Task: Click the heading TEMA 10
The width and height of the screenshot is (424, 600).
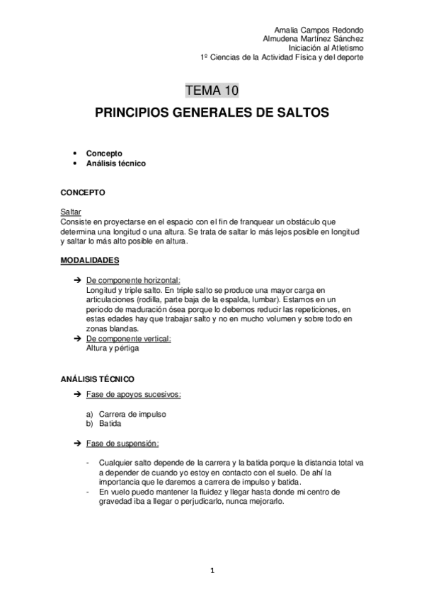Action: [212, 90]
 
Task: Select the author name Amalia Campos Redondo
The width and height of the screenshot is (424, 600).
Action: [319, 30]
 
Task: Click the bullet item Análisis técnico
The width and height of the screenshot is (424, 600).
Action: [115, 163]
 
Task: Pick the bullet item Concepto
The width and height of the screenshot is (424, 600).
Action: [104, 153]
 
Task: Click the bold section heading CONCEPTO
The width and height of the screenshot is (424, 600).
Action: [84, 192]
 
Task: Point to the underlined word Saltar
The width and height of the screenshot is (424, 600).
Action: [71, 212]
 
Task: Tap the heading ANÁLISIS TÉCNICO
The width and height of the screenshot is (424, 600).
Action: [98, 379]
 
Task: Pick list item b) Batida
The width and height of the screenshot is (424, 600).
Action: [103, 424]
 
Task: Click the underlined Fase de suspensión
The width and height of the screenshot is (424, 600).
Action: [122, 444]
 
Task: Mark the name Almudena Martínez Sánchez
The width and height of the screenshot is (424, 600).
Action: [313, 39]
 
